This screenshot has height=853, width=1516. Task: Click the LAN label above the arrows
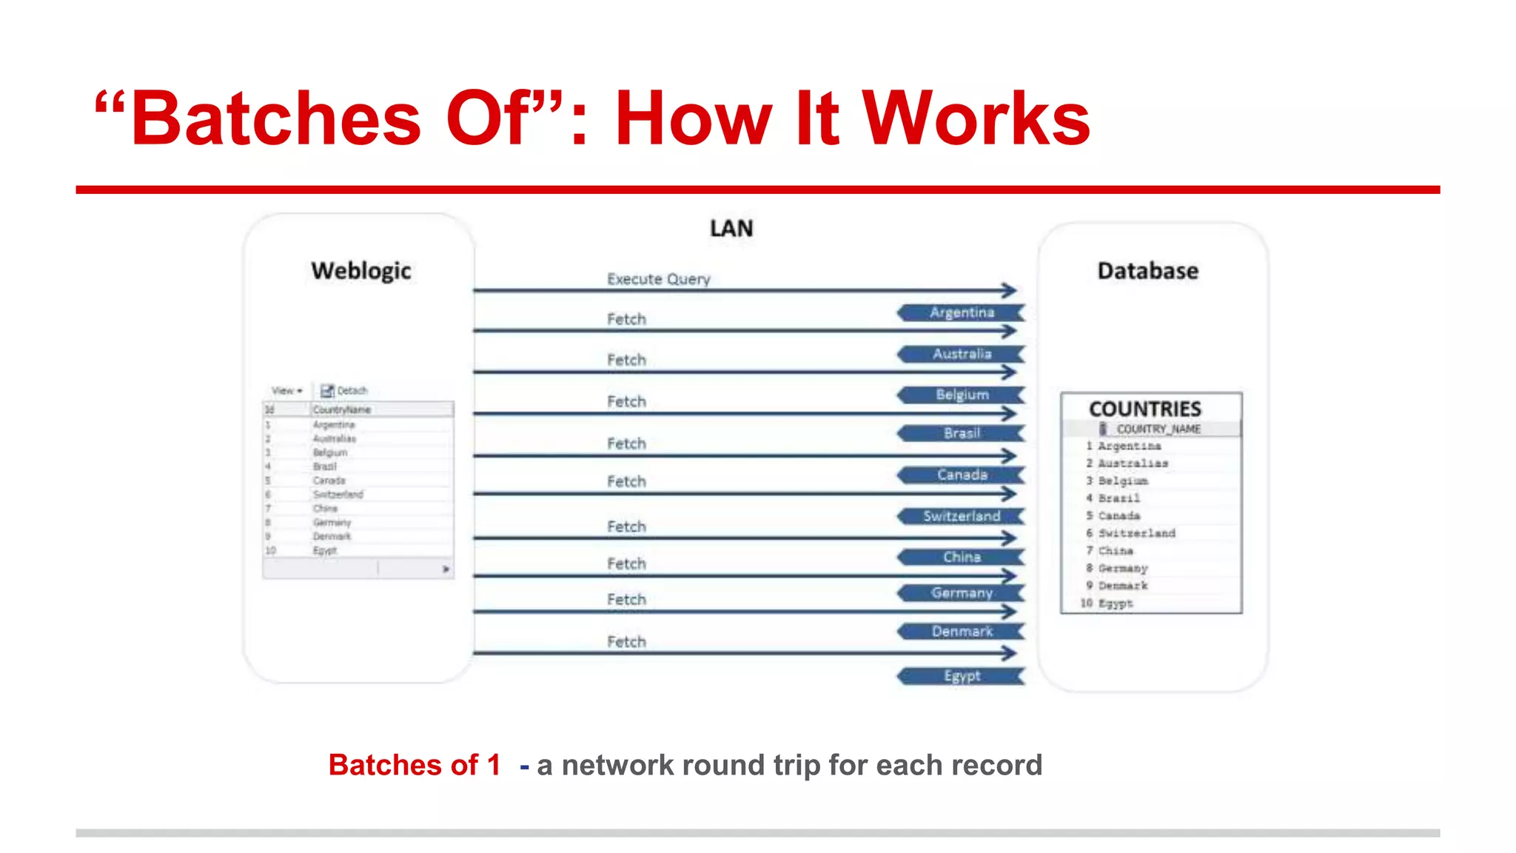(x=731, y=229)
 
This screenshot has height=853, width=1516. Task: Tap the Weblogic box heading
(x=361, y=271)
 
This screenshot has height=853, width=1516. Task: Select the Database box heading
(x=1147, y=271)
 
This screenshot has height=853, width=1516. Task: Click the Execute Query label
(x=658, y=279)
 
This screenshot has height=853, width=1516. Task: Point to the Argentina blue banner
(x=961, y=312)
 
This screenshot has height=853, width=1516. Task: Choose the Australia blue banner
(x=961, y=354)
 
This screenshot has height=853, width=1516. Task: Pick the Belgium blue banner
(x=961, y=395)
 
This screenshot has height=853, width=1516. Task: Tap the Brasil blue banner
(x=961, y=433)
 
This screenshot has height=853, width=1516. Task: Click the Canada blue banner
(x=961, y=475)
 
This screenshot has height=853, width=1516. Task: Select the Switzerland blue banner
(x=961, y=516)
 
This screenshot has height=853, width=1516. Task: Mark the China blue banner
(x=961, y=557)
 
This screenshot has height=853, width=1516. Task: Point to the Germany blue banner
(x=961, y=593)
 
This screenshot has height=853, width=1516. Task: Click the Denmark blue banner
(x=961, y=632)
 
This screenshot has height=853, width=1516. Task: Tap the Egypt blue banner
(x=961, y=676)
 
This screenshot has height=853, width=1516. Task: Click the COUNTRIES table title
(x=1144, y=409)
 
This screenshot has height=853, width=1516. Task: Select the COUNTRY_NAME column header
(x=1158, y=429)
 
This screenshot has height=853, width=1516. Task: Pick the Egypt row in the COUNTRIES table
(x=1115, y=603)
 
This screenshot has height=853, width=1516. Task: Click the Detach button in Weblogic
(x=345, y=391)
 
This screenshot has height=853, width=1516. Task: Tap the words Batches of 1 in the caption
(x=415, y=765)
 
